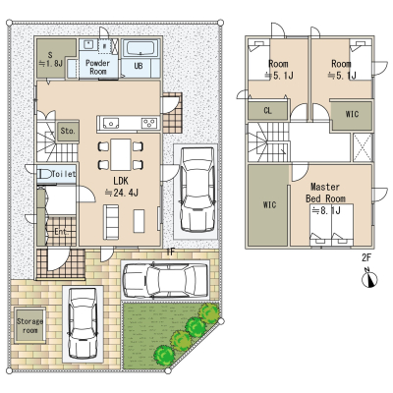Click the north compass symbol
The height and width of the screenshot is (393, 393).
pos(369,278)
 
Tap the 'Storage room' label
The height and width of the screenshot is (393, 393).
pos(29,326)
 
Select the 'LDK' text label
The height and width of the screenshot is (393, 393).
pos(121,181)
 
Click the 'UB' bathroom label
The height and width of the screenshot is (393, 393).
pos(139,66)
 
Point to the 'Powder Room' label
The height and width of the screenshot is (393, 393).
pos(97,67)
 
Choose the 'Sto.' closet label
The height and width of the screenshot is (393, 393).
pos(68,131)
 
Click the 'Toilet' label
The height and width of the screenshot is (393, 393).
pos(64,174)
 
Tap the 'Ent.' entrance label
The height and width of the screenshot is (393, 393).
pos(61,232)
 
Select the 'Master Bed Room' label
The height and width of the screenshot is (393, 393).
pos(325,193)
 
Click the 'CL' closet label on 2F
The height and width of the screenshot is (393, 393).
pos(267,111)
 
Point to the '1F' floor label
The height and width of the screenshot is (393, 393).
pos(171,252)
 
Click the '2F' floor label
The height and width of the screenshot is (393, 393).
pos(366,257)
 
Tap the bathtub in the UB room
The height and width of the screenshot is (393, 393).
pos(140,49)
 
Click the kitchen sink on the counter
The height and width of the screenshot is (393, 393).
pos(111,123)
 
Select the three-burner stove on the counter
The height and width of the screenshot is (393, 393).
pos(148,123)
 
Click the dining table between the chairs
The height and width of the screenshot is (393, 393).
pos(121,154)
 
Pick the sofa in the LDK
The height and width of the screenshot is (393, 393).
pos(111,221)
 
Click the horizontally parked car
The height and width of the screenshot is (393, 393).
pos(165,281)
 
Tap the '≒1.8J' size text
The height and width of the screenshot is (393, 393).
pos(51,64)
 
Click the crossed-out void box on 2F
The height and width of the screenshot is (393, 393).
pos(363,147)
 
